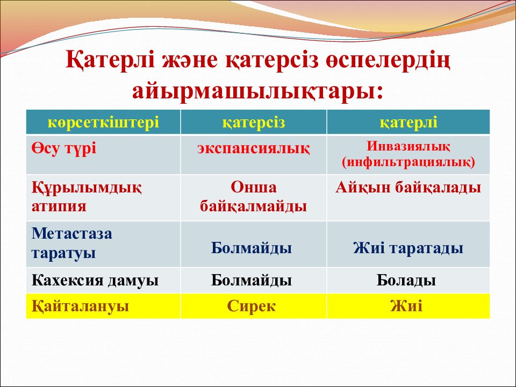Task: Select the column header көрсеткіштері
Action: (103, 123)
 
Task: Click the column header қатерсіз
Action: (253, 123)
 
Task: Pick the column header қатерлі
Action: (408, 123)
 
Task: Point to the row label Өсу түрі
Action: (64, 148)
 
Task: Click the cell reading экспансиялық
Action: (253, 148)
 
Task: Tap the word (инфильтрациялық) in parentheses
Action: (408, 162)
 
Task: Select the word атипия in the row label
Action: (59, 206)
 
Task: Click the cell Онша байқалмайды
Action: (253, 197)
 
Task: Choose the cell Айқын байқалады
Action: (408, 188)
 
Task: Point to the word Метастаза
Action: (71, 233)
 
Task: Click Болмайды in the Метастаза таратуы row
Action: (252, 248)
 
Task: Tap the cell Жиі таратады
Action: (408, 248)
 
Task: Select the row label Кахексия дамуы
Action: (95, 281)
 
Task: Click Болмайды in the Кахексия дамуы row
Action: (252, 281)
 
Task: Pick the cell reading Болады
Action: (406, 281)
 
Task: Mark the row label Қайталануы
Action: (80, 306)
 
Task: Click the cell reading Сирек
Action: (252, 306)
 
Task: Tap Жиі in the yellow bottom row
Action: (406, 306)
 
